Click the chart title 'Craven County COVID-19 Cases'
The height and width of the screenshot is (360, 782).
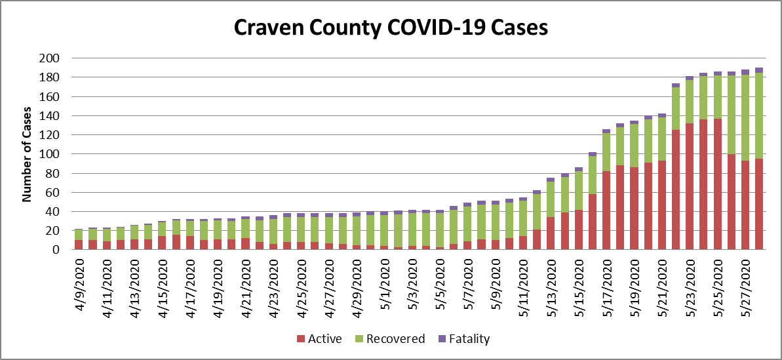391,28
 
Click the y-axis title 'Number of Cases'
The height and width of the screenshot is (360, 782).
28,153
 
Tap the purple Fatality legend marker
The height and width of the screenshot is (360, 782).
441,339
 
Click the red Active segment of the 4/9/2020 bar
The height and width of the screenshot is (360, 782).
79,245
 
